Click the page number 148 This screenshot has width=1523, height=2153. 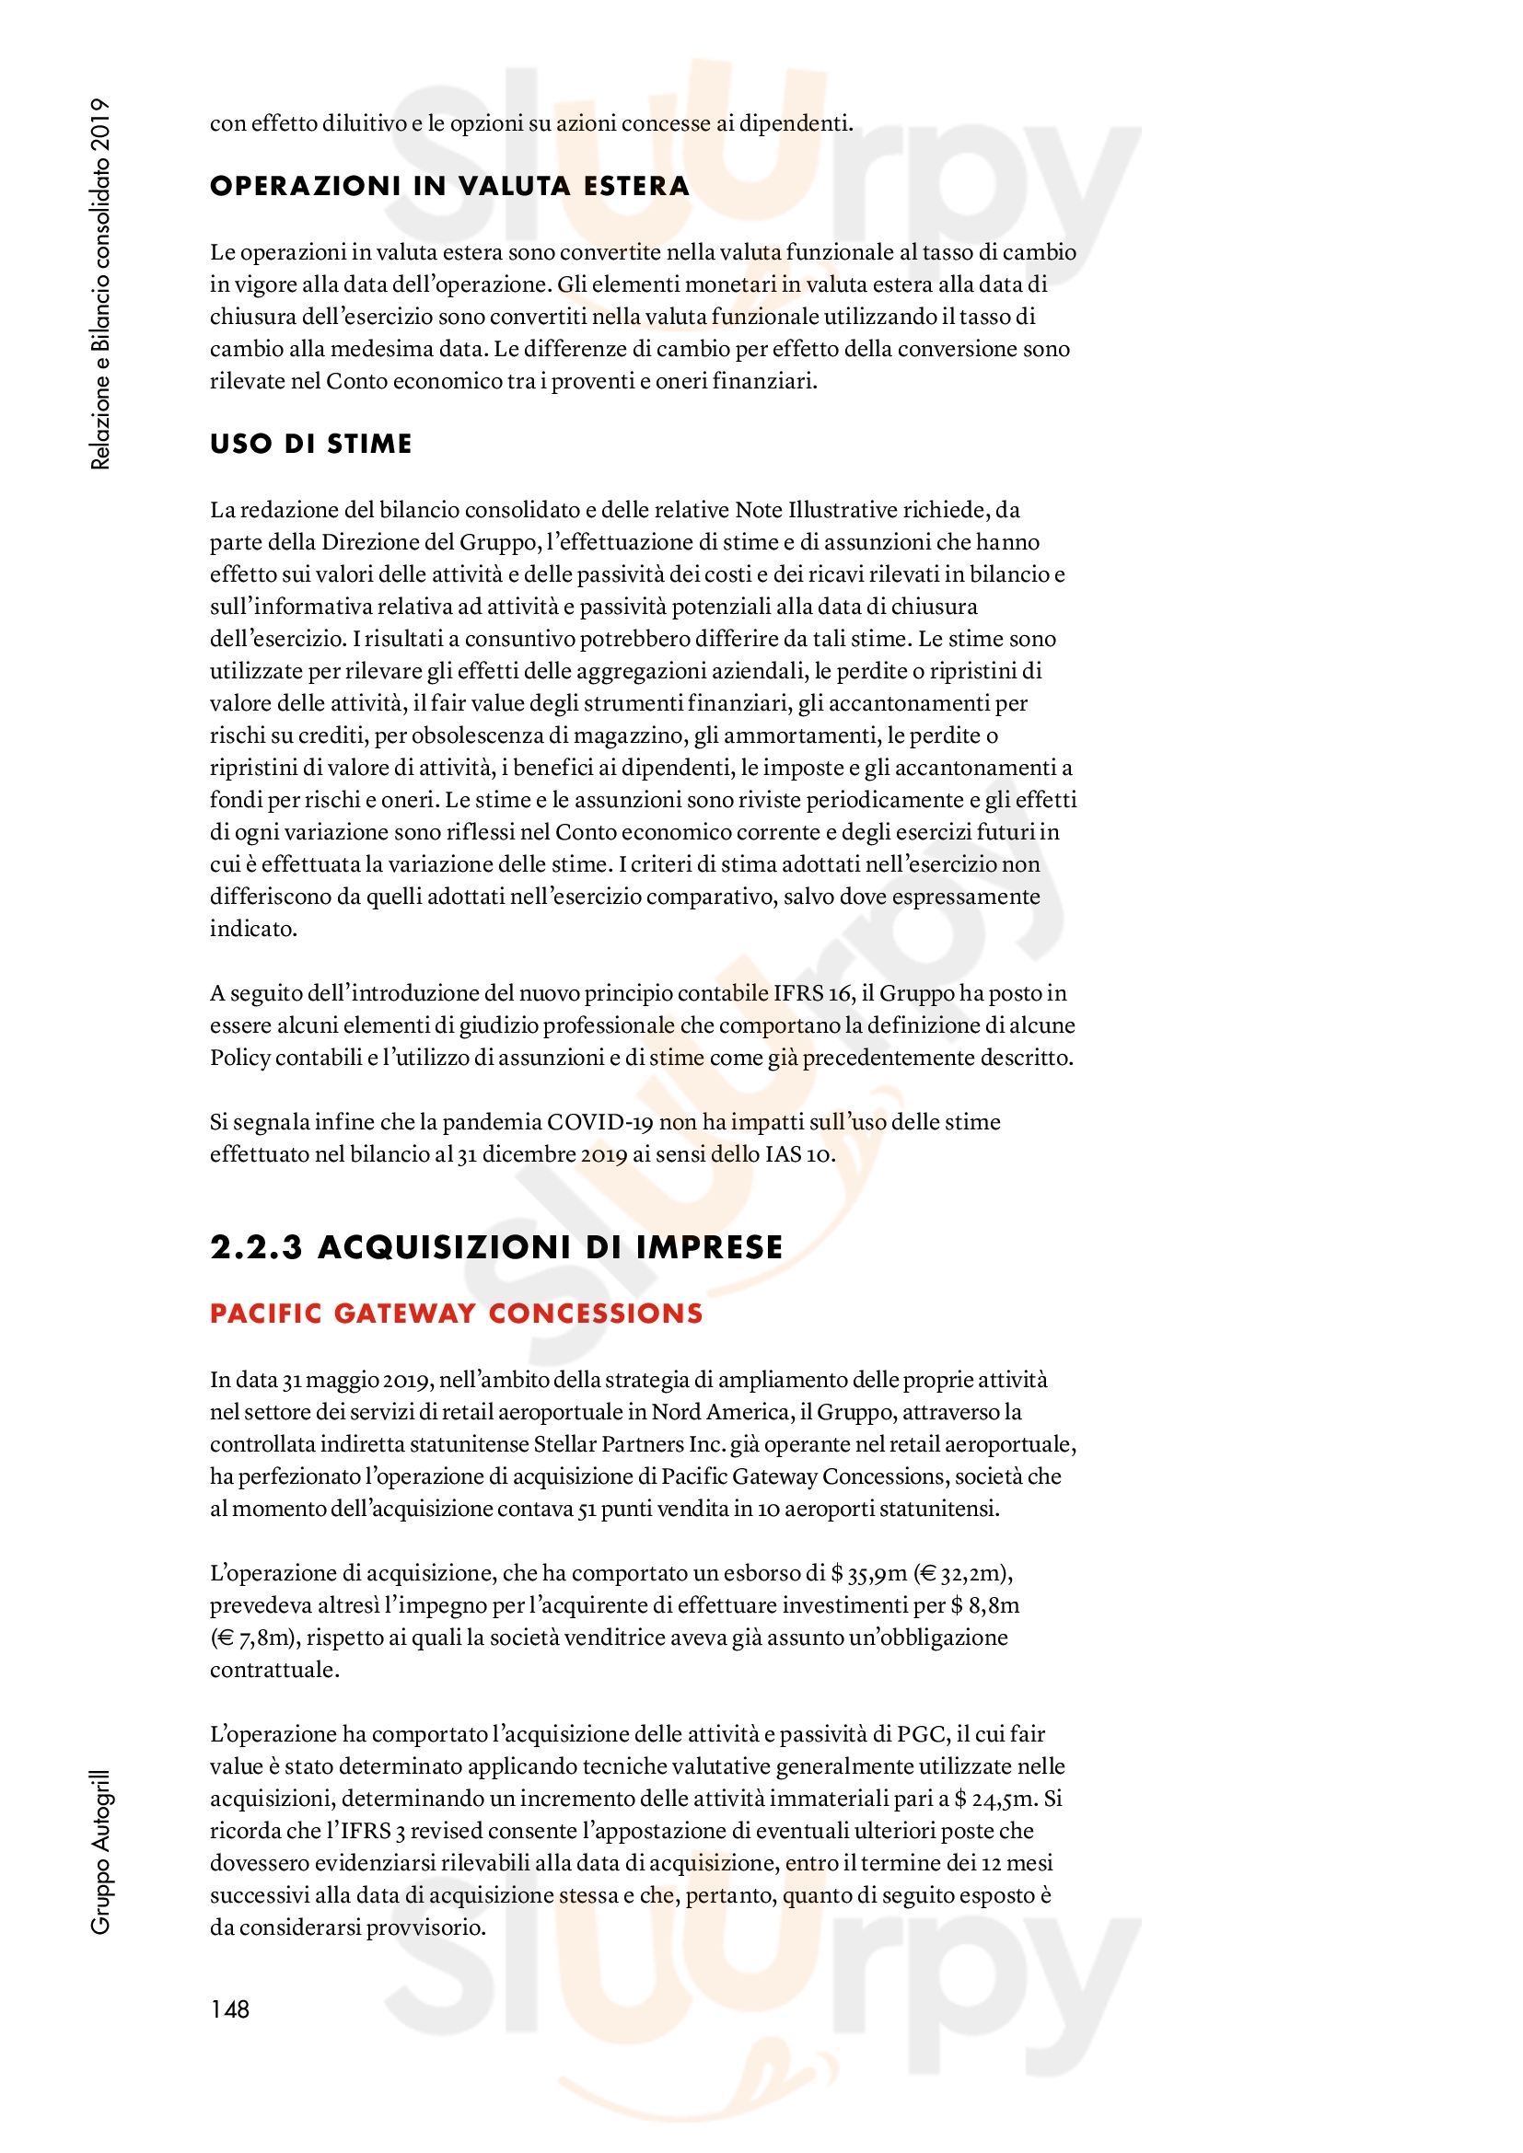(x=230, y=2008)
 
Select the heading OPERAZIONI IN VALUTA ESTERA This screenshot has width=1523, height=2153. (x=449, y=186)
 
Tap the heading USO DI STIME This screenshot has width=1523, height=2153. (x=310, y=444)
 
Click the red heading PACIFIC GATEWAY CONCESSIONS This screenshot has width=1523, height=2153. (x=456, y=1313)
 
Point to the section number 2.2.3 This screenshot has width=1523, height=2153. (x=256, y=1247)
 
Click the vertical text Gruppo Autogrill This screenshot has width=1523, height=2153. (x=100, y=1852)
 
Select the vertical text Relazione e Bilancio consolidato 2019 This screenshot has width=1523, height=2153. (x=100, y=283)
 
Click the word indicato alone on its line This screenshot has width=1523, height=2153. (x=252, y=929)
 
